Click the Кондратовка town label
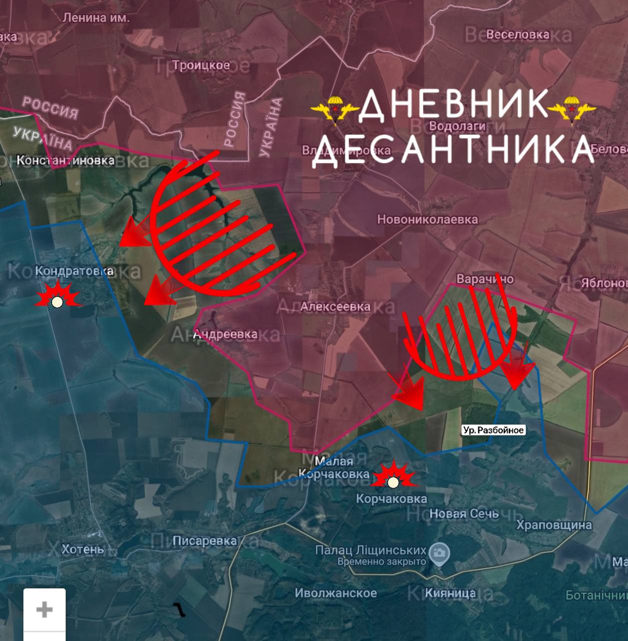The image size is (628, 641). [75, 271]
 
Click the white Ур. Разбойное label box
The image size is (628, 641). [493, 430]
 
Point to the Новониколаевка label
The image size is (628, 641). [427, 219]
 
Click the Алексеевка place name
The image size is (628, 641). [335, 306]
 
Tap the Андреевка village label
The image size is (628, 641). [226, 334]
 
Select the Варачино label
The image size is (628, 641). [484, 278]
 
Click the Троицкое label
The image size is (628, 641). [201, 65]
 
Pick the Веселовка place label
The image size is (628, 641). [517, 35]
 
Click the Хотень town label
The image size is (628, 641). [83, 549]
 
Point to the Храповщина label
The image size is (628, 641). [554, 525]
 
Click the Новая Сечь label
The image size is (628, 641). [464, 513]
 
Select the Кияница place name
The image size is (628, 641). [450, 593]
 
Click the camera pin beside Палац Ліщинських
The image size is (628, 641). [439, 553]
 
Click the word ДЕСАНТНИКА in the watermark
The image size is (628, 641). [453, 148]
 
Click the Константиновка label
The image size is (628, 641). [66, 160]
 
